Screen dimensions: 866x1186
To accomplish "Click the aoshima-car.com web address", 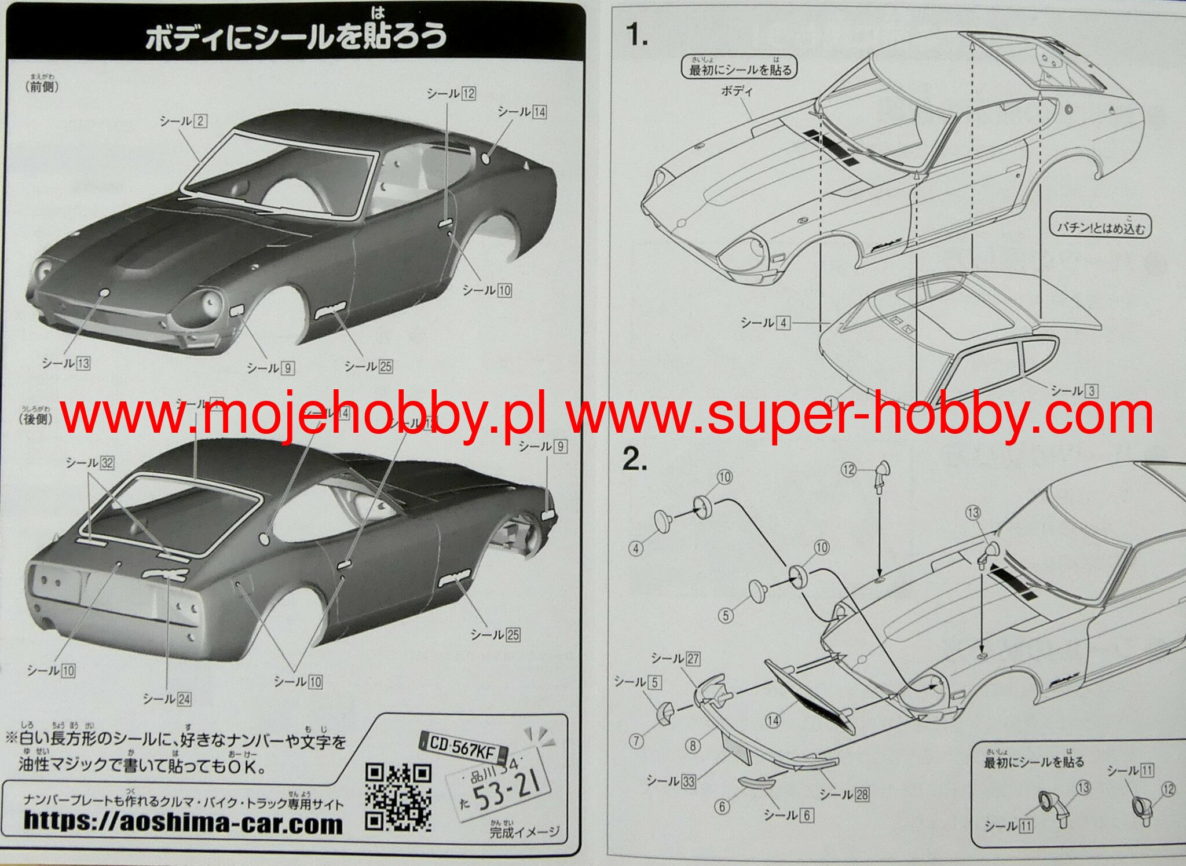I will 183,821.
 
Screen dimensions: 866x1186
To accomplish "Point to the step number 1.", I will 636,36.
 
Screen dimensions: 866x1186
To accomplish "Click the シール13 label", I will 66,363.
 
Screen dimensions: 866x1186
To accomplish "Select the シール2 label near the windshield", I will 183,121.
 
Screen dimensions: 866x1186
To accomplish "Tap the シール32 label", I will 90,463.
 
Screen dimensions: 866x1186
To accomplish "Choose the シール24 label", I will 167,699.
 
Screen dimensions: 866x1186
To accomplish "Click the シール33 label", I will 671,781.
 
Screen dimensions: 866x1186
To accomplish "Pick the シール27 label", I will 675,659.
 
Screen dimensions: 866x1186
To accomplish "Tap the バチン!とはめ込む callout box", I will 1101,226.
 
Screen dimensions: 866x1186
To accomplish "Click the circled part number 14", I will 773,721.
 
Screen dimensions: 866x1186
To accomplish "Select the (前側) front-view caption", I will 42,87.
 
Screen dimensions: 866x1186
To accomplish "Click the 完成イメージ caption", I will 524,832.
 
